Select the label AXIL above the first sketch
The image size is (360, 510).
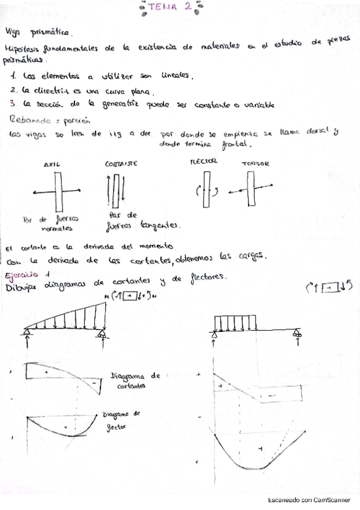point(52,164)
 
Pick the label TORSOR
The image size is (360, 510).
point(255,164)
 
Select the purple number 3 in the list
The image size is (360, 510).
point(13,103)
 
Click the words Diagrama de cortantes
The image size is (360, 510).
point(136,381)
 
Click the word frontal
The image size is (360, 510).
point(236,144)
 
